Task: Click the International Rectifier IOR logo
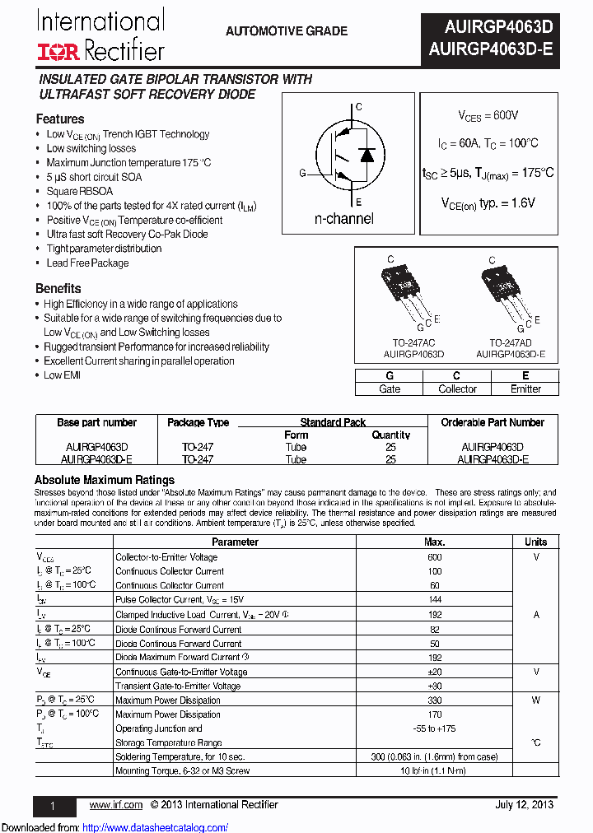tap(58, 52)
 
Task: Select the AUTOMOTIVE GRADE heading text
tap(286, 31)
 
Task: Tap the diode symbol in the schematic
tap(367, 155)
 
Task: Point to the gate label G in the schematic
tap(302, 173)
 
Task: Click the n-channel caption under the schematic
tap(343, 219)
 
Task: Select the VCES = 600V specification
tap(488, 116)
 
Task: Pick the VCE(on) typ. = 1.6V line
tap(488, 202)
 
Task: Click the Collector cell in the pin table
tap(457, 389)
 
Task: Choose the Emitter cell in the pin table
tap(525, 389)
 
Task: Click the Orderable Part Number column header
tap(493, 422)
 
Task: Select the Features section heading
tap(59, 119)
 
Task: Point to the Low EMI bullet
tap(64, 375)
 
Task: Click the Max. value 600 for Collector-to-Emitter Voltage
tap(434, 557)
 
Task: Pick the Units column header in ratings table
tap(535, 542)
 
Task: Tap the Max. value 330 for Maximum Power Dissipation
tap(434, 700)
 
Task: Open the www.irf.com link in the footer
tap(115, 805)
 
